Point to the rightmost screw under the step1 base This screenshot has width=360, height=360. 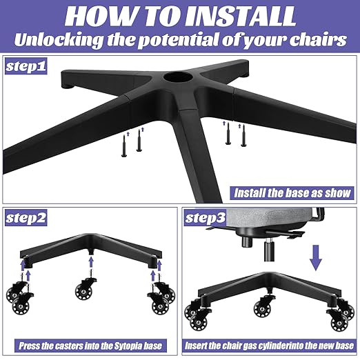click(x=242, y=135)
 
